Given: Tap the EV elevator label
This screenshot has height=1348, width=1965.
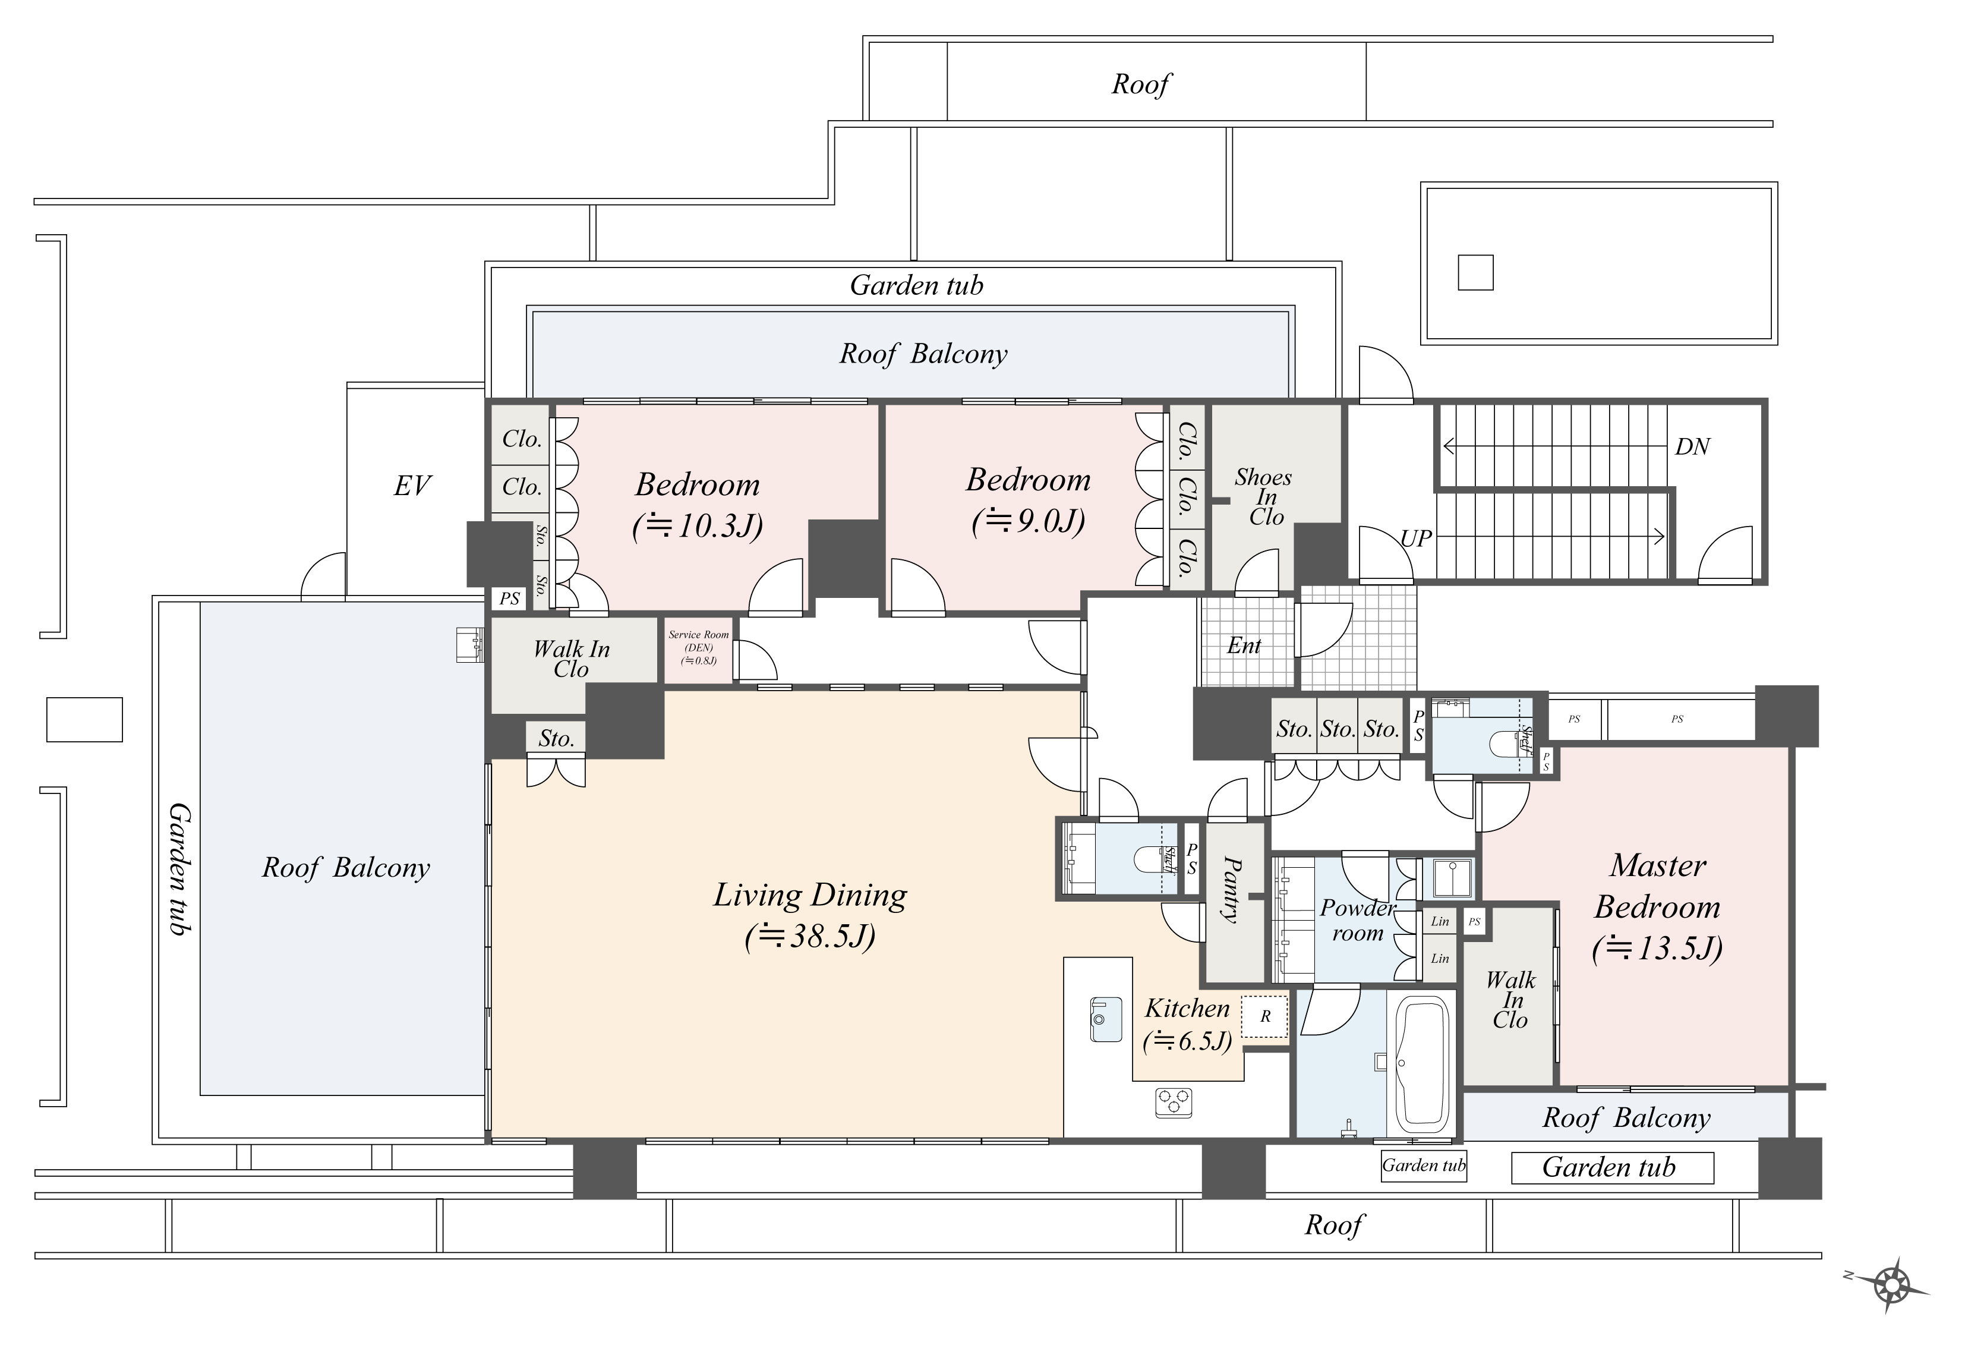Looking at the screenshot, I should point(412,486).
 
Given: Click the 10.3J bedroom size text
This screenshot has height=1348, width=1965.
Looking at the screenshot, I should point(698,527).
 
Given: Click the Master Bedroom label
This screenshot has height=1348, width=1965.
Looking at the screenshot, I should point(1657,886).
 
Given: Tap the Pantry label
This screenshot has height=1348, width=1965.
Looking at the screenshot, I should point(1233,889).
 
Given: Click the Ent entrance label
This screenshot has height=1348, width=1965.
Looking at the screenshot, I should point(1244,646).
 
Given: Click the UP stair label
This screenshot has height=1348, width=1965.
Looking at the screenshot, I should point(1416,538).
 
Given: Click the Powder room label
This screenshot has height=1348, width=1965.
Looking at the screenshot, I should point(1357,921).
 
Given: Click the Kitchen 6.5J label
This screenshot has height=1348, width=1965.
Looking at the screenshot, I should point(1187,1024).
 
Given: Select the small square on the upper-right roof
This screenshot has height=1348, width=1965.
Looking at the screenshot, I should point(1475,272).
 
